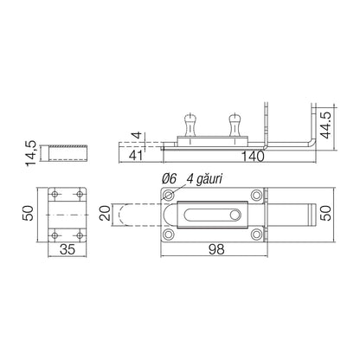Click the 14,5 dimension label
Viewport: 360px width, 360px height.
click(x=31, y=153)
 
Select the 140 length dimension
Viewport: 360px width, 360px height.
click(x=253, y=157)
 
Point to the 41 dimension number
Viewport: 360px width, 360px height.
click(x=136, y=156)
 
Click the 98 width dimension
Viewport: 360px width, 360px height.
click(x=216, y=249)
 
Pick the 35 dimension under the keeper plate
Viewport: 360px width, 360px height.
click(x=67, y=249)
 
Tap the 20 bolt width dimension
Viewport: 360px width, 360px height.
click(x=105, y=213)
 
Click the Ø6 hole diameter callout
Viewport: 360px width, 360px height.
click(x=169, y=179)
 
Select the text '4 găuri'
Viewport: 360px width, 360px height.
click(x=205, y=179)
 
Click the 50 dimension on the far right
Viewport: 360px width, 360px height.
click(x=327, y=213)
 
